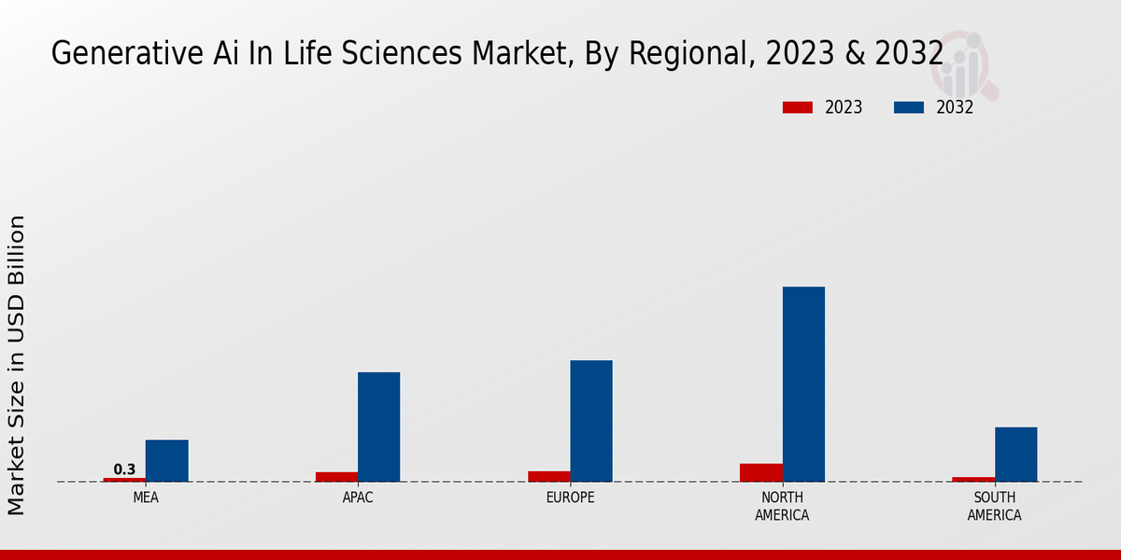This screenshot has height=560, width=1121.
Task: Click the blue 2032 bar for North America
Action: tap(803, 384)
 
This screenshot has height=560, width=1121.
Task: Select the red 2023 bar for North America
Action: tap(761, 472)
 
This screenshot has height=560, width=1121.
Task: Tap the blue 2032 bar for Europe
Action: tap(591, 421)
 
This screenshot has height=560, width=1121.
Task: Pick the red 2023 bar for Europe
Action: tap(549, 476)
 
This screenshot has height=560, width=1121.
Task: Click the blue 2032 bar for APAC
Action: tap(378, 427)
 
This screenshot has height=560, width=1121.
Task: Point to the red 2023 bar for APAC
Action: tap(336, 477)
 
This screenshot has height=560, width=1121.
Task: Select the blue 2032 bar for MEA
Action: tap(166, 460)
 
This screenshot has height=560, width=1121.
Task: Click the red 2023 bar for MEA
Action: tap(124, 480)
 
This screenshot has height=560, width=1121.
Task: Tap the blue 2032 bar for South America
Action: tap(1015, 455)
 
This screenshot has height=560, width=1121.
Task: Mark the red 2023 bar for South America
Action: tap(973, 480)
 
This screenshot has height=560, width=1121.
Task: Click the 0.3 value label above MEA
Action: tap(124, 469)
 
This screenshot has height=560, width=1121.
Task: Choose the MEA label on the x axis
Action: tap(146, 497)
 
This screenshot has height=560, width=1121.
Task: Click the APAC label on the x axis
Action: tap(358, 497)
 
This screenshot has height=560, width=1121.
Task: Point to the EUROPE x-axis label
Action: tap(570, 497)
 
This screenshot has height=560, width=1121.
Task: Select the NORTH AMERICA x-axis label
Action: tap(782, 506)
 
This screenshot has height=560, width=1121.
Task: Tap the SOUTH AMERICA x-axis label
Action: tap(994, 506)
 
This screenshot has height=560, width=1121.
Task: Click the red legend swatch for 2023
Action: tap(797, 107)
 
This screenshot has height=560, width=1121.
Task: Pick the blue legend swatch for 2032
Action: tap(908, 107)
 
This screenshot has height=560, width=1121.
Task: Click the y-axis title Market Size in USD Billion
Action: tap(17, 364)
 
